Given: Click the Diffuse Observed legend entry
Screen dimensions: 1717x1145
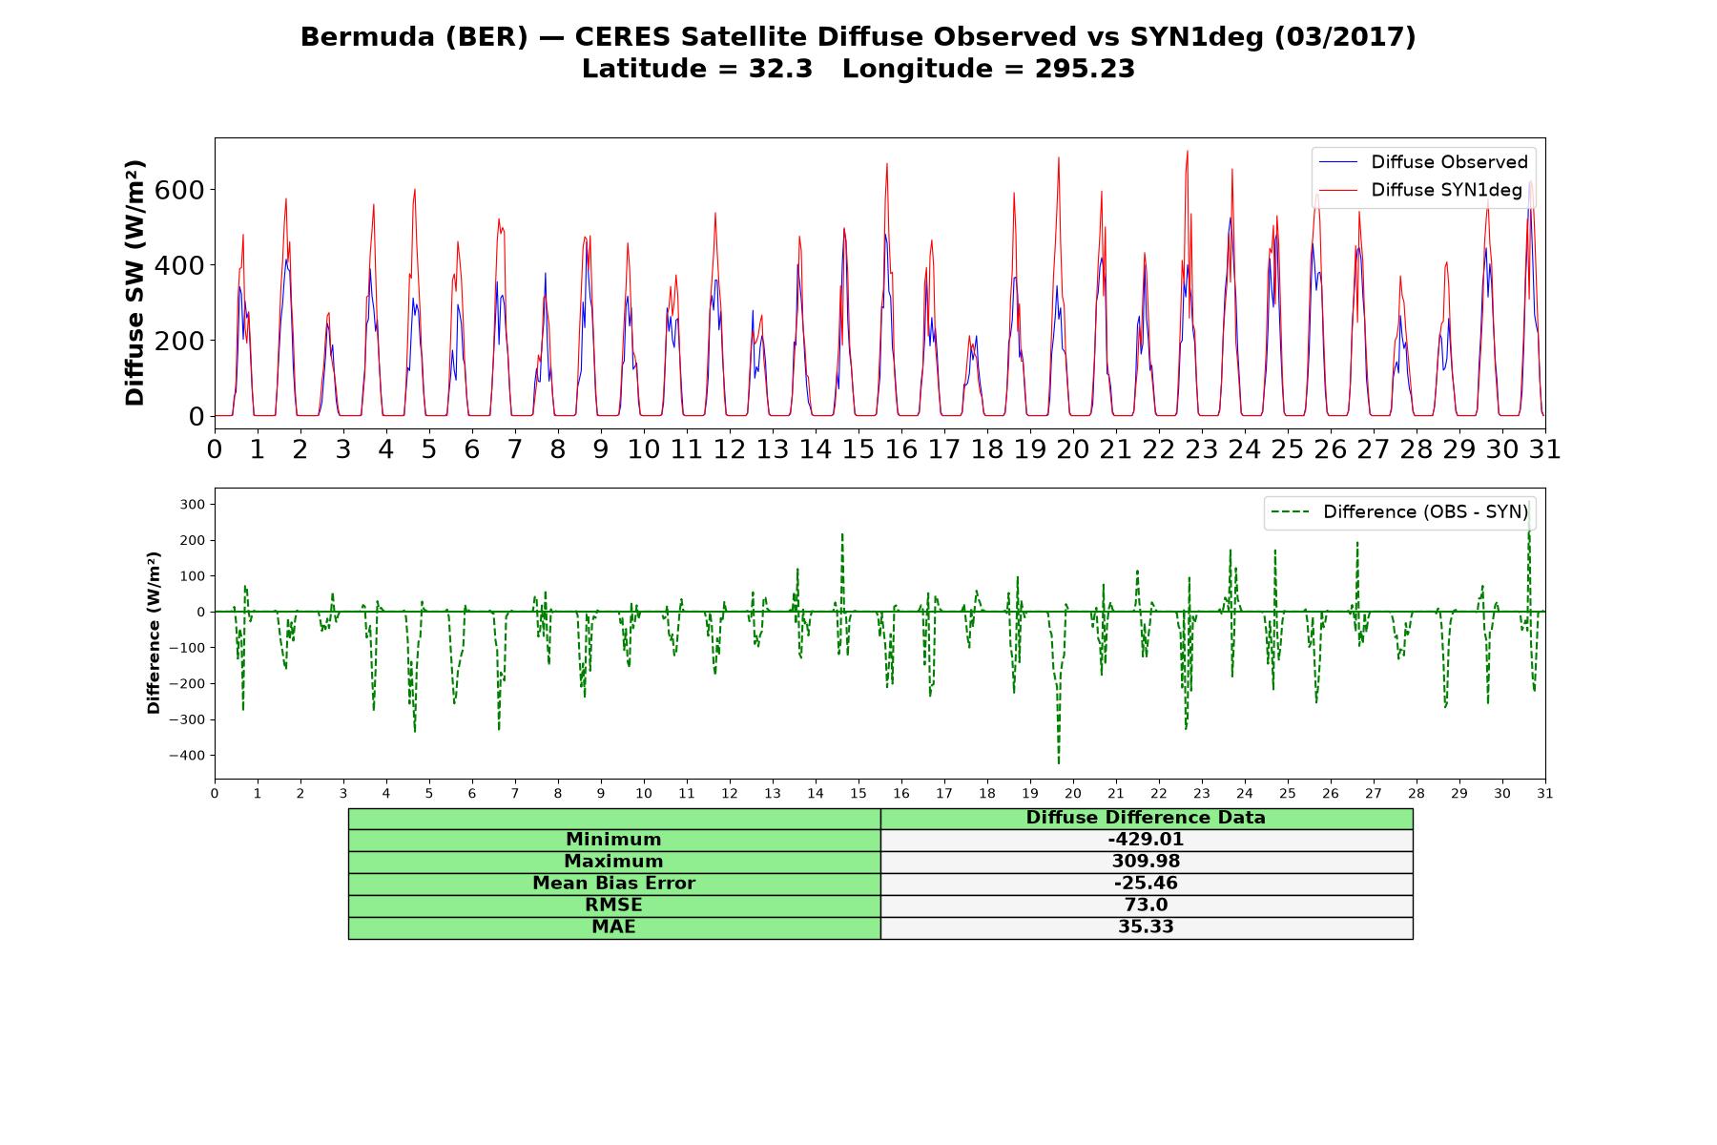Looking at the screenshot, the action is click(x=1422, y=162).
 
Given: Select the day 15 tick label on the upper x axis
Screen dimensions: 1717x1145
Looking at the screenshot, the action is click(x=858, y=449).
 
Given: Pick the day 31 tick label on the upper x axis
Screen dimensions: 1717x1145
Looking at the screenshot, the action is click(x=1545, y=449).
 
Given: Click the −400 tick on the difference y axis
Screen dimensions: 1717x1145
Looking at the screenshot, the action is click(x=186, y=756).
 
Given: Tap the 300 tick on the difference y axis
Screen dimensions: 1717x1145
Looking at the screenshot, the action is click(x=193, y=505).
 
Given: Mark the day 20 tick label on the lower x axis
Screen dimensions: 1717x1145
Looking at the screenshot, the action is click(x=1073, y=794).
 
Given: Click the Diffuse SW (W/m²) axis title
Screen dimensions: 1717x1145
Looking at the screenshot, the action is click(x=135, y=283).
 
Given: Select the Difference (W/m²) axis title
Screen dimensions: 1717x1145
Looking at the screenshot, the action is click(x=154, y=634).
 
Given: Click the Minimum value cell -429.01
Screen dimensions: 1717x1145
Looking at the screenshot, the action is click(x=1146, y=840).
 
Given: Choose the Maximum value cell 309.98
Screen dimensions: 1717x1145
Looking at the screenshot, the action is click(x=1146, y=862).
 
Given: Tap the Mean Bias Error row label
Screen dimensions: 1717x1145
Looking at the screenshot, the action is click(x=613, y=884).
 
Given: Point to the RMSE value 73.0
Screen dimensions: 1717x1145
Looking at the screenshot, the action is click(x=1146, y=906).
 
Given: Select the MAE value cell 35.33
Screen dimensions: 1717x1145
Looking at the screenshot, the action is click(x=1146, y=927).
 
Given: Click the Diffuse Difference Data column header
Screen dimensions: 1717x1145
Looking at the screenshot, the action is click(x=1146, y=818).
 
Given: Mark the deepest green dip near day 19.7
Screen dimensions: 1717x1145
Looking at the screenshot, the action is click(x=1059, y=763).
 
